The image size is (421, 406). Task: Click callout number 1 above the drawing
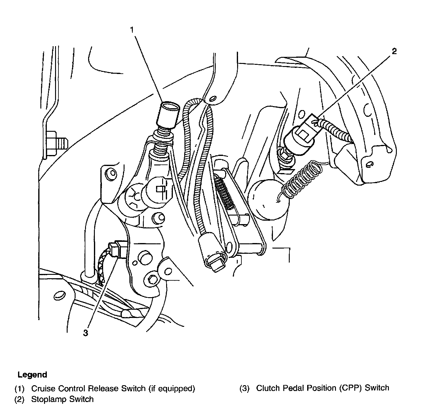pos(132,30)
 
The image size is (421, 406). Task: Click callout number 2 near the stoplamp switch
pos(394,51)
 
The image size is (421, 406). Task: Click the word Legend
pos(32,375)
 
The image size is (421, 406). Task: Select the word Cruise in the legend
pos(43,389)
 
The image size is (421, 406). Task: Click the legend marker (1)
pos(19,389)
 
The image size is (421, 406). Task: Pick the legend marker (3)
pos(244,388)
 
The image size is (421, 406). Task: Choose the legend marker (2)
pos(19,399)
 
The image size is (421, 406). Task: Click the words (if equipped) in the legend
pos(172,389)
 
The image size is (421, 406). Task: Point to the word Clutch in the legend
pos(266,388)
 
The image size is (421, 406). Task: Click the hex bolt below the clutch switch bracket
pos(152,279)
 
